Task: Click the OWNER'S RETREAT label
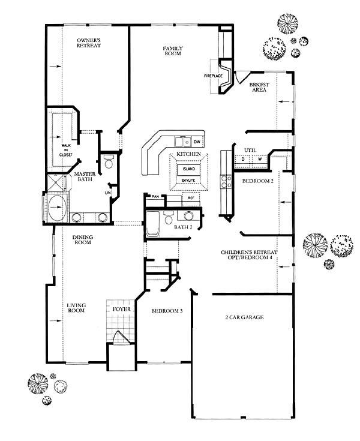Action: coord(89,43)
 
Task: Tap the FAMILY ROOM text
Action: coord(173,51)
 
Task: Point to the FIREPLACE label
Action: coord(214,76)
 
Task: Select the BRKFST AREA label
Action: coord(259,87)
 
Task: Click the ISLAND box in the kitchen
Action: coord(189,169)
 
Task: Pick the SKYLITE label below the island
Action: coord(188,181)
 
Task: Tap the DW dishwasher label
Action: coord(197,142)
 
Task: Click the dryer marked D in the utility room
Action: coord(243,160)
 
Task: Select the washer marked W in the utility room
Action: coord(260,160)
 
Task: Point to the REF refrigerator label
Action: coord(191,198)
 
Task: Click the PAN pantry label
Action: coord(155,196)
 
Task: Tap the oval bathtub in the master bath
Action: coord(58,207)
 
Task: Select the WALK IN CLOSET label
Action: coord(66,150)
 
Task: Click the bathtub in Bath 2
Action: coord(153,223)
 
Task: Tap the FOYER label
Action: coord(121,309)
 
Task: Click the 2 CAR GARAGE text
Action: coord(244,317)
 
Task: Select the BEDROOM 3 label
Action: coord(167,311)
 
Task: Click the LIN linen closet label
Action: coord(108,193)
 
